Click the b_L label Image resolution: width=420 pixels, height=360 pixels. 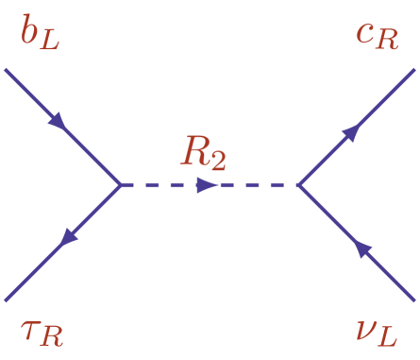click(x=40, y=37)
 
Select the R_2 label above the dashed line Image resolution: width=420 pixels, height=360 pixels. click(x=203, y=153)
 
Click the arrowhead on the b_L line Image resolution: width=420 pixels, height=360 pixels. click(x=58, y=122)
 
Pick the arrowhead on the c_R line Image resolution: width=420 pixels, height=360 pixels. click(x=350, y=133)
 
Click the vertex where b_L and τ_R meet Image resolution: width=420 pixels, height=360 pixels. click(x=121, y=185)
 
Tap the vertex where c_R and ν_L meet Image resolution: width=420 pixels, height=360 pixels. click(x=298, y=185)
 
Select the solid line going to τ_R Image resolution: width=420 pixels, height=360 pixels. click(x=90, y=216)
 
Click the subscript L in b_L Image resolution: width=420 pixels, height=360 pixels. click(x=50, y=43)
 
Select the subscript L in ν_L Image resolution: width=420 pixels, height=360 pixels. click(x=402, y=337)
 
